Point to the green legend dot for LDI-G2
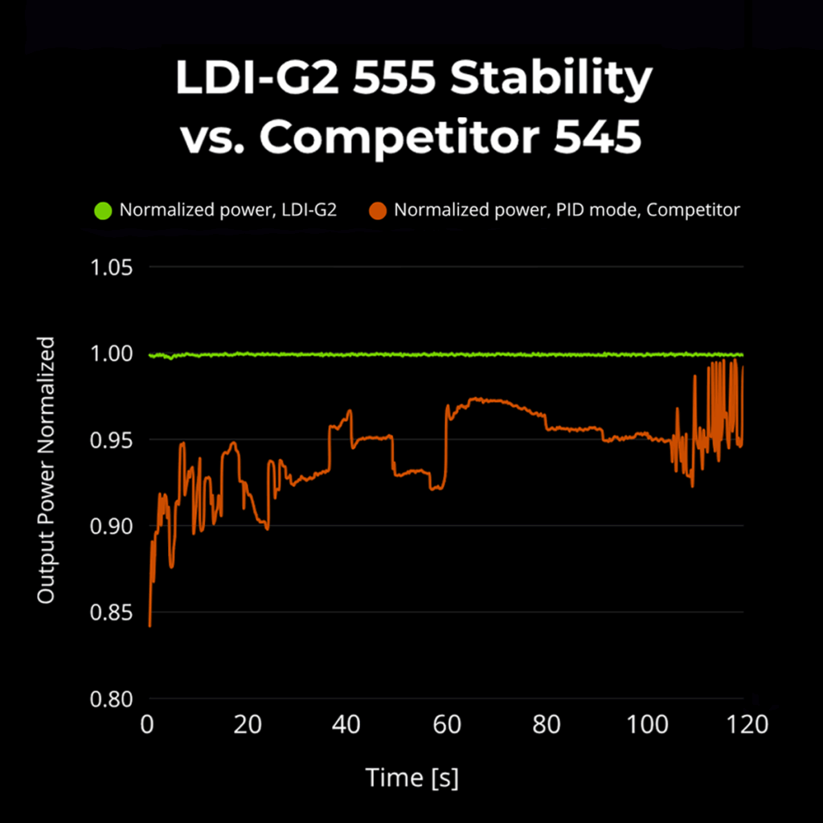click(x=103, y=211)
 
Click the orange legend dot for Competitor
click(x=378, y=211)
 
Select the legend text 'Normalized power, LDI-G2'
click(x=227, y=211)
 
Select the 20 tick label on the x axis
click(x=248, y=725)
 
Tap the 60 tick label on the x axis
click(x=447, y=725)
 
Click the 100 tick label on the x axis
click(x=646, y=725)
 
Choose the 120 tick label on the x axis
click(x=745, y=725)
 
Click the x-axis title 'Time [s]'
click(x=411, y=777)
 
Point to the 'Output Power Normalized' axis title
click(x=47, y=470)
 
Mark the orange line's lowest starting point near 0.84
click(x=149, y=625)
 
